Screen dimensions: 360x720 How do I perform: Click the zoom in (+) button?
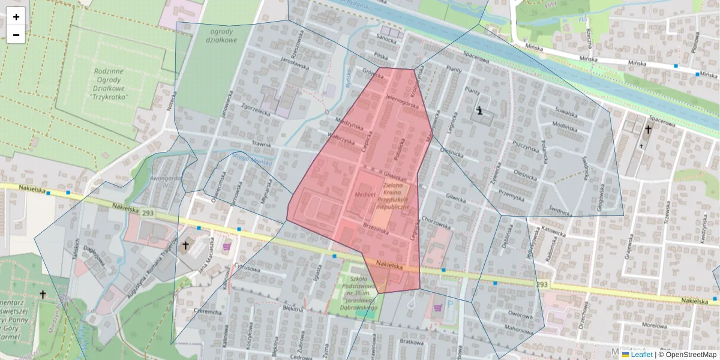pos(16,17)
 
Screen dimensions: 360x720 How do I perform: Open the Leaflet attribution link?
pos(641,355)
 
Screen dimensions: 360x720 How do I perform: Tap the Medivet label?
pos(364,195)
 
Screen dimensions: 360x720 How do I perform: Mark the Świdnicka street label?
pos(560,209)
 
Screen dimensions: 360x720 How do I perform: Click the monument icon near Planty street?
pos(479,110)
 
